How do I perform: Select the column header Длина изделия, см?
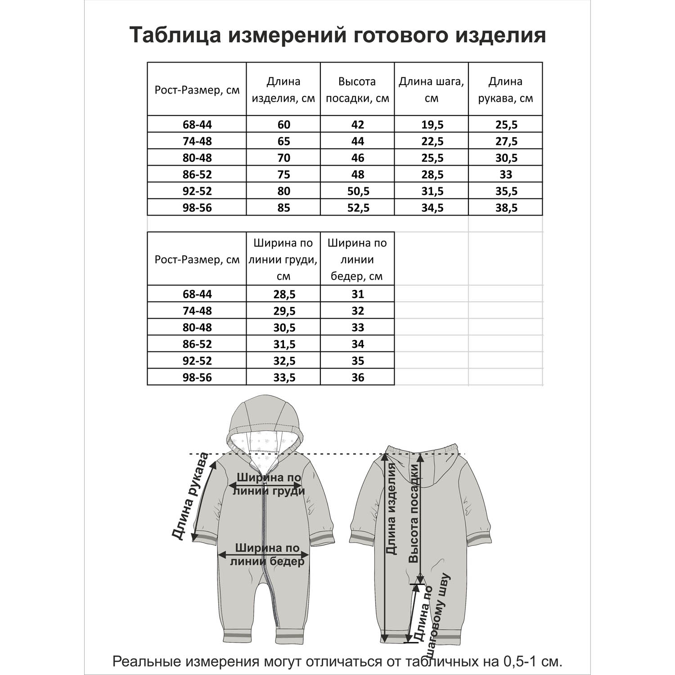pyautogui.click(x=283, y=90)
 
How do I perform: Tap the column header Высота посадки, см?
pyautogui.click(x=357, y=90)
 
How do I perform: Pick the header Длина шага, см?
pyautogui.click(x=431, y=90)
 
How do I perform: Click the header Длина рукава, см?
pyautogui.click(x=505, y=90)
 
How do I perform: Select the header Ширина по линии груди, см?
pyautogui.click(x=283, y=259)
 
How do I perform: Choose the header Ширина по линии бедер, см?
pyautogui.click(x=357, y=259)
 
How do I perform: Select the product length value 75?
pyautogui.click(x=284, y=175)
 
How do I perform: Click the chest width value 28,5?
pyautogui.click(x=284, y=294)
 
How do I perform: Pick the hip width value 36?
pyautogui.click(x=358, y=378)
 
